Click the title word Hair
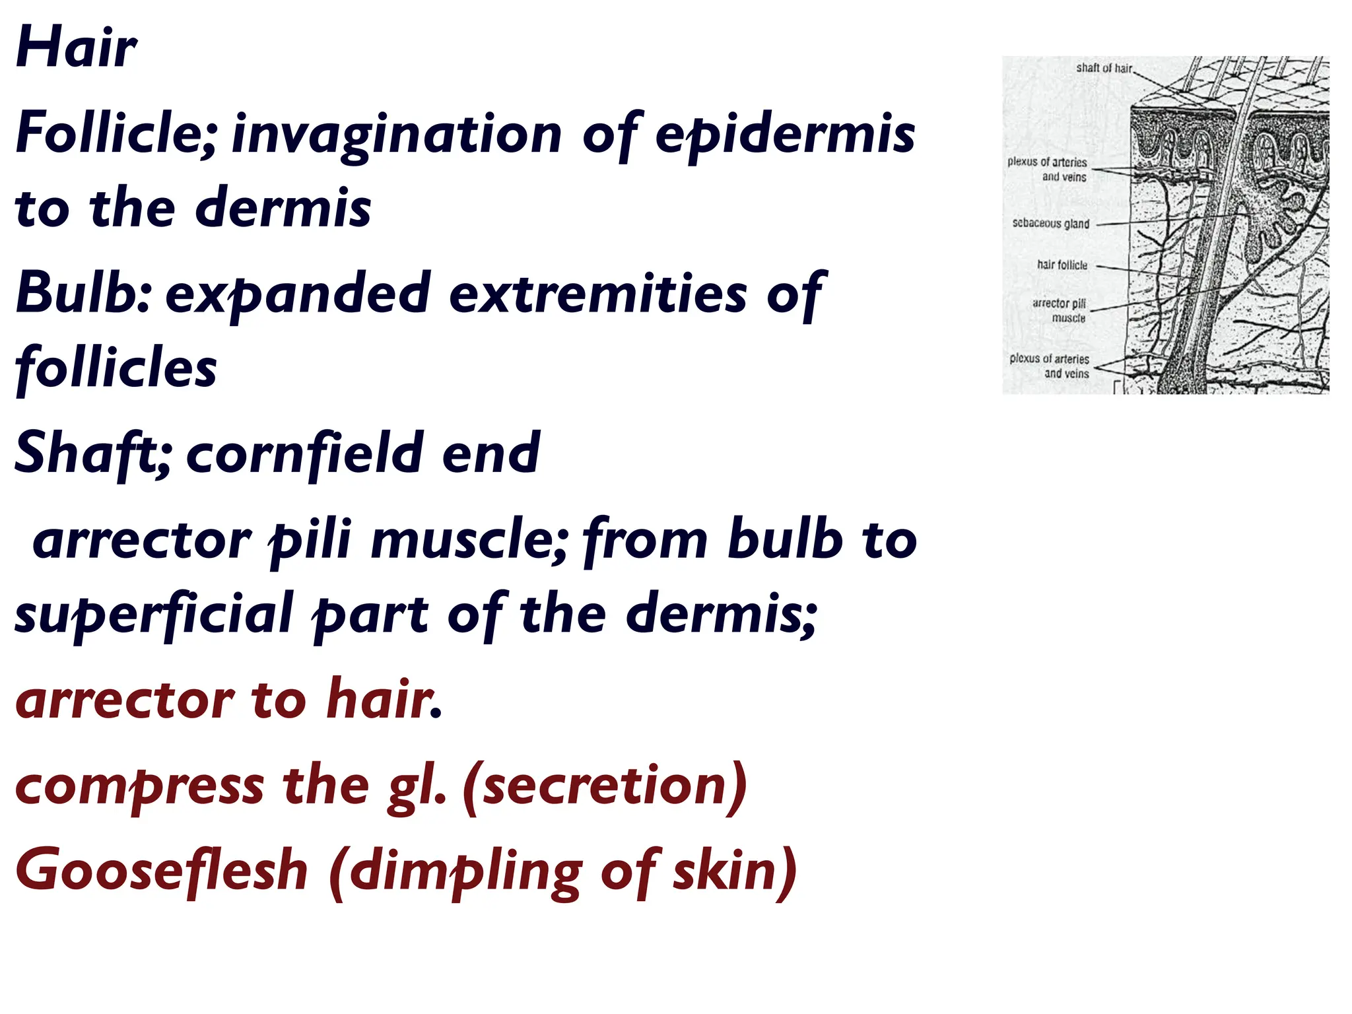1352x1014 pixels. tap(76, 48)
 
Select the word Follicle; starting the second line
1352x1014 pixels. tap(116, 132)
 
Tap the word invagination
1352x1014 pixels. tap(396, 134)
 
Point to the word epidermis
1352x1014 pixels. tap(784, 134)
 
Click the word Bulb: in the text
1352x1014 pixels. tap(84, 292)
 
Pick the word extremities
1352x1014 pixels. tap(597, 294)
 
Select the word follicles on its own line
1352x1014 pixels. tap(116, 367)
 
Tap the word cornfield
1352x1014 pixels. tap(306, 454)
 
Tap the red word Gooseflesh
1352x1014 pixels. tap(162, 870)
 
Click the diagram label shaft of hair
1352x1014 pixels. tap(1104, 68)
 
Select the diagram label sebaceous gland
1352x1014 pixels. tap(1050, 223)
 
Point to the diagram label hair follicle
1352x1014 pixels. tap(1062, 265)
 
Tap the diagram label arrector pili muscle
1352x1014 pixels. tap(1060, 310)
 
